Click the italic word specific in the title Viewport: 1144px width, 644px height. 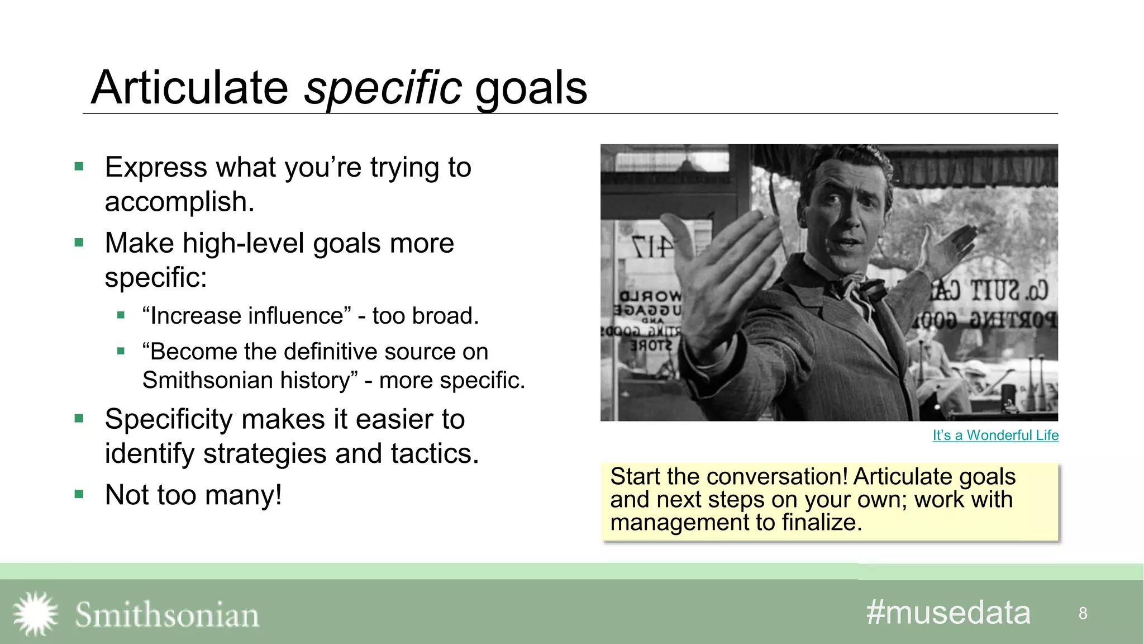point(383,88)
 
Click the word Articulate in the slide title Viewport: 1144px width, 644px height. point(190,88)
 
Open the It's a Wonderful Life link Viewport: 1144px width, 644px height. point(995,435)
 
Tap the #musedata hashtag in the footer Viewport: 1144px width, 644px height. point(948,613)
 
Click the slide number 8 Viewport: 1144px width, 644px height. point(1083,613)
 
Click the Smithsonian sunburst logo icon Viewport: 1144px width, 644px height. point(36,614)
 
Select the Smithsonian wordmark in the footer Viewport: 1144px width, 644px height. point(167,615)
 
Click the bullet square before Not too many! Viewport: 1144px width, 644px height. point(79,494)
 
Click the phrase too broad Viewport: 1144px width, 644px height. point(426,316)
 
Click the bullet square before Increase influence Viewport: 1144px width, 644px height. point(121,315)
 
